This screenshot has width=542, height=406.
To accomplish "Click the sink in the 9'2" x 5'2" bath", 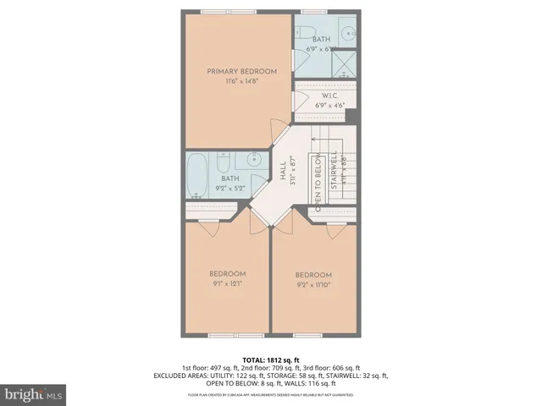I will click(254, 160).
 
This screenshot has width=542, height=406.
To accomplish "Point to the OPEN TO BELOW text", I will click(318, 184).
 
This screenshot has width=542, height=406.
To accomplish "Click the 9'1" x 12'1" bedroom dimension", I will click(228, 284).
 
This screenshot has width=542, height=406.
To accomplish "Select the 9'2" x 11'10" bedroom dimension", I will click(312, 286).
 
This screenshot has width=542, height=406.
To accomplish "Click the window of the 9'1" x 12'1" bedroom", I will click(227, 335).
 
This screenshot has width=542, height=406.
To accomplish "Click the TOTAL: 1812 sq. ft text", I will click(271, 359).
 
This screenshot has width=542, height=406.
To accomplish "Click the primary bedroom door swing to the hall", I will click(276, 130).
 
